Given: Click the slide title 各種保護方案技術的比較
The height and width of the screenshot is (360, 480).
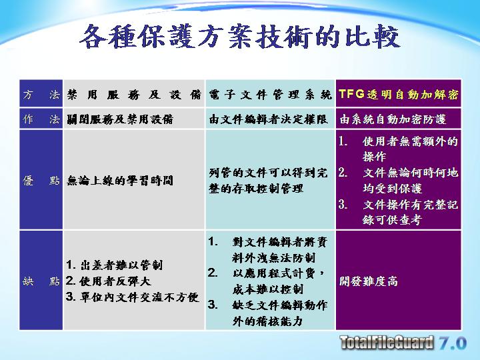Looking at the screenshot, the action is (x=240, y=37).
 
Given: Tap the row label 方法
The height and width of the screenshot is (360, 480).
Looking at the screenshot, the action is (x=41, y=94).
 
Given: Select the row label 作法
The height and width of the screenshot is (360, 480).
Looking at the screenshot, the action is (x=41, y=119).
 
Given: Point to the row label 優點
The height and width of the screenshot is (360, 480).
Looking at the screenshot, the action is (x=41, y=180).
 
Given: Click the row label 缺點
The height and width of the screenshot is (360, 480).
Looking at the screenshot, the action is (x=41, y=281).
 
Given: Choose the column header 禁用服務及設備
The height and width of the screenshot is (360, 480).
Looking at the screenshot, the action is (x=134, y=95).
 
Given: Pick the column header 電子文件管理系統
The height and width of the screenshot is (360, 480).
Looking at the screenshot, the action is (x=270, y=95).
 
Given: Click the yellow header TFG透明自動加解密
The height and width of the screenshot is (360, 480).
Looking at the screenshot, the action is (x=398, y=94).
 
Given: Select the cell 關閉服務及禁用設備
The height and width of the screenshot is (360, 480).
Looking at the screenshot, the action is (x=120, y=119).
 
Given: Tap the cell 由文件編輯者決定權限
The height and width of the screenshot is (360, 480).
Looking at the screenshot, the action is (x=268, y=119).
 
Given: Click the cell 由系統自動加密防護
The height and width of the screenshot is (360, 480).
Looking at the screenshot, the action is (x=393, y=119).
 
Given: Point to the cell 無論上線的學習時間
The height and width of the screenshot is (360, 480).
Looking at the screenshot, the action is (x=120, y=180).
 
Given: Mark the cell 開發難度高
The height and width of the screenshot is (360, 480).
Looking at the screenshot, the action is (x=368, y=281).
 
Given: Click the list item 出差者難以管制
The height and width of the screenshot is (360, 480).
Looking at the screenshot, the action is (x=114, y=265).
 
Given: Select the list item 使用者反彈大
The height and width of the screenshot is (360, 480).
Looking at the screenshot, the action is (x=109, y=281).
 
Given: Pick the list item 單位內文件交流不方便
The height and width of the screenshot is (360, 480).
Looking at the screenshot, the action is (x=133, y=297).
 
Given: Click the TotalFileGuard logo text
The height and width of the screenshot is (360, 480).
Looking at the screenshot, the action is (x=387, y=342).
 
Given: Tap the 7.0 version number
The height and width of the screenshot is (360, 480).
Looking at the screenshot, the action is (x=453, y=343).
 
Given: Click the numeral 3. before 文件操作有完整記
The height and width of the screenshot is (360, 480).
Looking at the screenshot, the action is (x=343, y=204).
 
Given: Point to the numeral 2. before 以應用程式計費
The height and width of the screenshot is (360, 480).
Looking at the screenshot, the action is (x=213, y=273).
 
